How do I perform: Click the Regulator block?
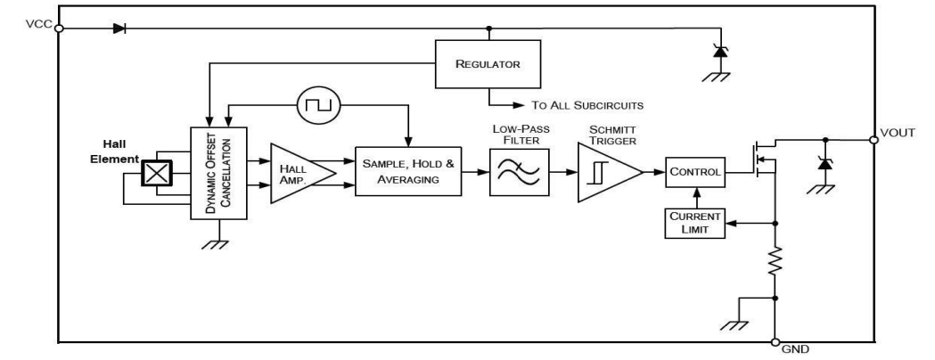pos(488,64)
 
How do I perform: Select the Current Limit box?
pos(695,223)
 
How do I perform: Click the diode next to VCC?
pos(119,28)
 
